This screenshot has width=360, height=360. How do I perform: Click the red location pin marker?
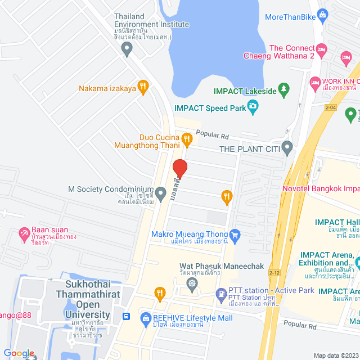[x=179, y=168]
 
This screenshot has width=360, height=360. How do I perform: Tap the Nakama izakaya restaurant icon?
[x=143, y=87]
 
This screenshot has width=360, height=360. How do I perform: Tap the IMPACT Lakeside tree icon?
[x=285, y=89]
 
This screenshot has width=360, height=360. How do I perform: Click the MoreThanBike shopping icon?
[x=322, y=14]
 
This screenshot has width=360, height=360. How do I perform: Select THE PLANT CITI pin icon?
[x=287, y=148]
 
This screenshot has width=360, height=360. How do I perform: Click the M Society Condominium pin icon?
[x=161, y=195]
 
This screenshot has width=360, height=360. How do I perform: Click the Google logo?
[x=18, y=353]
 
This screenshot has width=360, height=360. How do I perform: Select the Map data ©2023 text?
[x=335, y=355]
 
